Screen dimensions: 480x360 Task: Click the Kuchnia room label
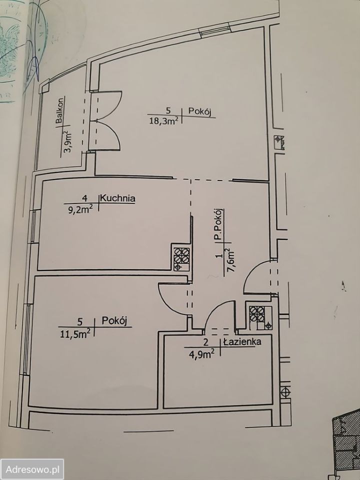118,198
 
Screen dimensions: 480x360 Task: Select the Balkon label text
59,111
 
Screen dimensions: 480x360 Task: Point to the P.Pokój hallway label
218,226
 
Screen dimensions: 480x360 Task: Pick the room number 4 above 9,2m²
91,197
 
